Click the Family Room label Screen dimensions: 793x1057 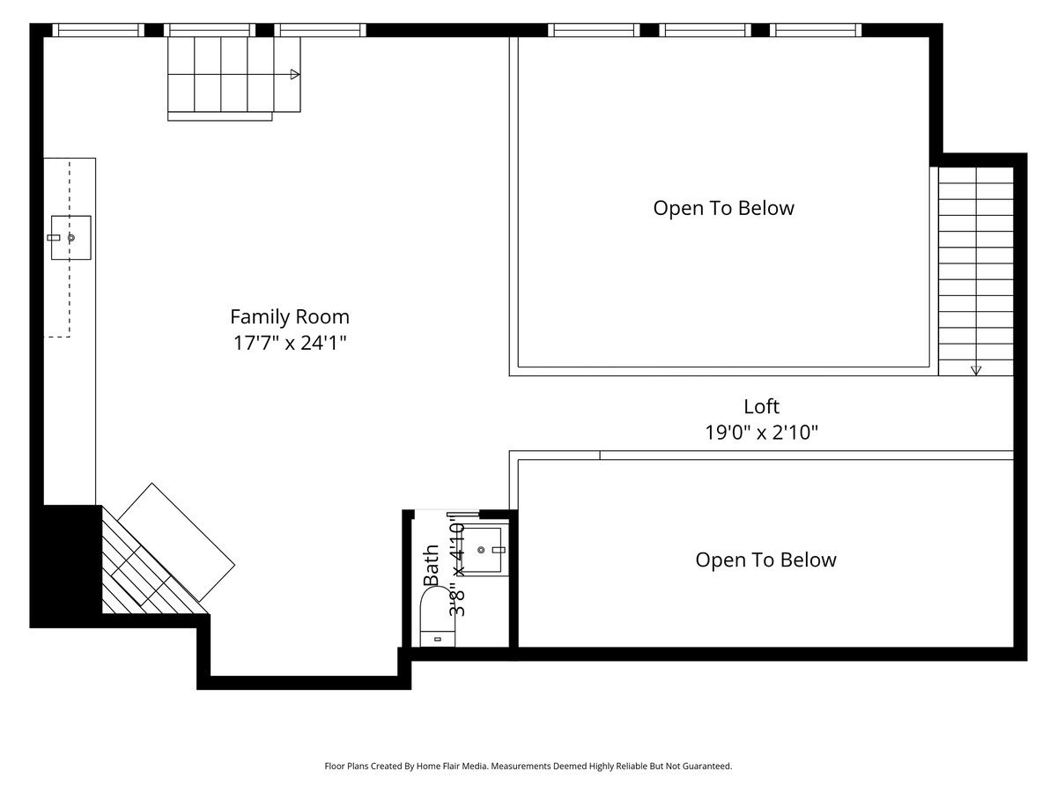coord(290,316)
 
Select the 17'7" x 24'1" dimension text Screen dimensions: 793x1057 coord(290,344)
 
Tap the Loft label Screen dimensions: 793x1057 coord(761,406)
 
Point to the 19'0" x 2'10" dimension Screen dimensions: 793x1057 coord(761,433)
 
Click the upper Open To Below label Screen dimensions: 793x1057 coord(723,208)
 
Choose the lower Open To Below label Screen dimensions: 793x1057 coord(765,560)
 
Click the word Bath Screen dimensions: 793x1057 coord(432,566)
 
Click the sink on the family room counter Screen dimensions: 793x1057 coord(70,237)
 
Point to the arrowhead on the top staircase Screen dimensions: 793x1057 coord(295,74)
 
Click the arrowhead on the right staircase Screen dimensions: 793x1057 coord(976,370)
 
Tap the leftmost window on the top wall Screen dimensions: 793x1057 coord(98,30)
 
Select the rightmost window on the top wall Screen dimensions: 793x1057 coord(816,30)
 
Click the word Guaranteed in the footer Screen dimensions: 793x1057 coord(706,767)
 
